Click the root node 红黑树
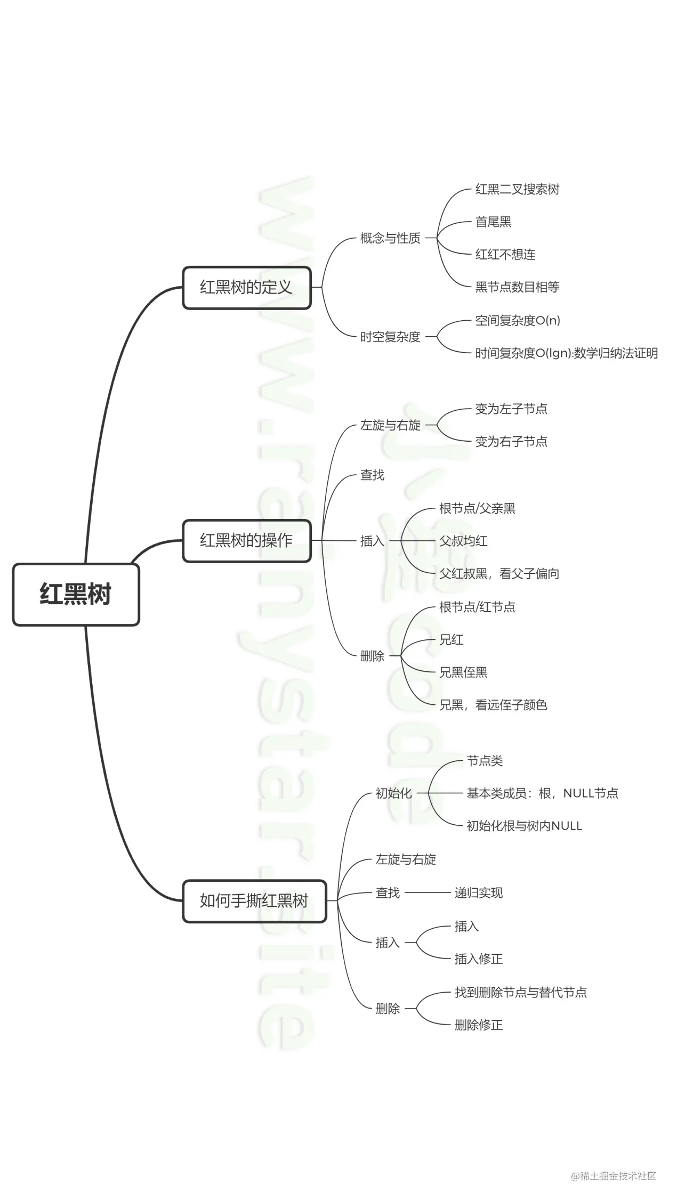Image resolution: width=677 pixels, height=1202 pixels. [76, 594]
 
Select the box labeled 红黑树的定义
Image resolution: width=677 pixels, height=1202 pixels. [246, 288]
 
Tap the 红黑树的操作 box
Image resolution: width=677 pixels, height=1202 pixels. [246, 541]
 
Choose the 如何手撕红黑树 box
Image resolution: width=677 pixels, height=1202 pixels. [254, 901]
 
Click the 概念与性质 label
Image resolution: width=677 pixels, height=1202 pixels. [390, 238]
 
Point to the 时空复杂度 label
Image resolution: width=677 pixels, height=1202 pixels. [390, 337]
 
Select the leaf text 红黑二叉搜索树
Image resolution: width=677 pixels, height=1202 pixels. [517, 190]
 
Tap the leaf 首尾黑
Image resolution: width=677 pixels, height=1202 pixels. [493, 222]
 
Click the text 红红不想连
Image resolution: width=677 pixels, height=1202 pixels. [505, 255]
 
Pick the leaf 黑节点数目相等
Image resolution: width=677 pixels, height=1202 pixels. [517, 287]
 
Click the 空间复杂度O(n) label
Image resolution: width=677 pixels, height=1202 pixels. [518, 320]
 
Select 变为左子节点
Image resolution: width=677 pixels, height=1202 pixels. [511, 409]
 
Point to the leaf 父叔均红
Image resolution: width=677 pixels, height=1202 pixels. [463, 541]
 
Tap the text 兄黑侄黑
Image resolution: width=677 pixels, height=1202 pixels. [463, 672]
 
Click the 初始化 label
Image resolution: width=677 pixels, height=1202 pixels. [394, 793]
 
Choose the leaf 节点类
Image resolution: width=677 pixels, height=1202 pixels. [485, 761]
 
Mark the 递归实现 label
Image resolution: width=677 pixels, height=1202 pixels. [479, 893]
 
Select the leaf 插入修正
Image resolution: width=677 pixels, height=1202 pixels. [479, 959]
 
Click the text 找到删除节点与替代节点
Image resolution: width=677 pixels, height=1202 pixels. [521, 992]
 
